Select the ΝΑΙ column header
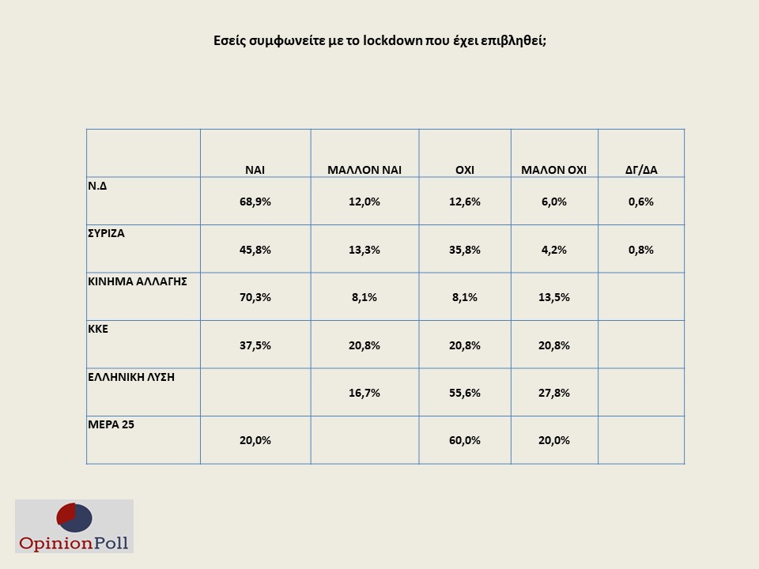point(255,169)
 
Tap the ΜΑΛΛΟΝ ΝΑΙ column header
point(364,169)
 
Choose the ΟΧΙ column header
point(464,169)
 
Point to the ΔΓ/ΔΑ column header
point(640,169)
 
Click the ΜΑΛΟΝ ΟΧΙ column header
point(553,169)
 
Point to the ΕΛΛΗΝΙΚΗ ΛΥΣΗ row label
point(130,376)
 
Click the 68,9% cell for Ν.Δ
point(255,202)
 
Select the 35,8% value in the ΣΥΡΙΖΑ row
point(465,250)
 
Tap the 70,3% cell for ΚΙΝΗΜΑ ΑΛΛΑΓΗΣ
point(255,297)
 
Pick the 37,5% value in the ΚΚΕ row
point(255,345)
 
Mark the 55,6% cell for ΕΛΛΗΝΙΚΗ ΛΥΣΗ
point(465,393)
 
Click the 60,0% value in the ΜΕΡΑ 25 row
point(465,440)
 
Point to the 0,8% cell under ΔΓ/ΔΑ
point(640,250)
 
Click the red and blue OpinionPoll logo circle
point(74,518)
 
